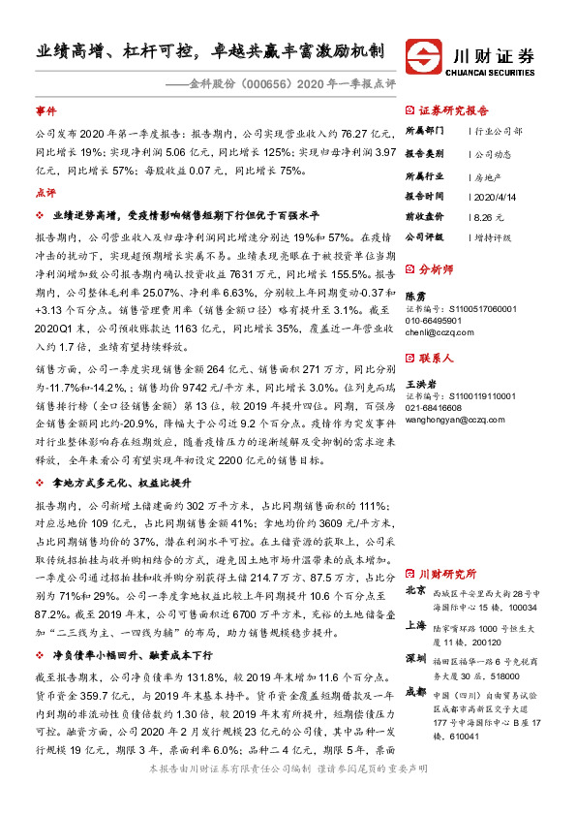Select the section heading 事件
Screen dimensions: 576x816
tap(45, 111)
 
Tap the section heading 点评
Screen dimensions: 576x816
tap(45, 193)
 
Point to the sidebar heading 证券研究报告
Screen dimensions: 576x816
tap(453, 111)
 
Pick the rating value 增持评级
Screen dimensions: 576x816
tap(494, 236)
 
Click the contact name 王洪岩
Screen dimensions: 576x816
tap(420, 386)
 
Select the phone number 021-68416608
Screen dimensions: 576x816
tap(436, 409)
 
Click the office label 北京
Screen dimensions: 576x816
tap(415, 590)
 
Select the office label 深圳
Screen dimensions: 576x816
tap(415, 658)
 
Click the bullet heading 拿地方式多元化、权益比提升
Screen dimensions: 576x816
tap(118, 483)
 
